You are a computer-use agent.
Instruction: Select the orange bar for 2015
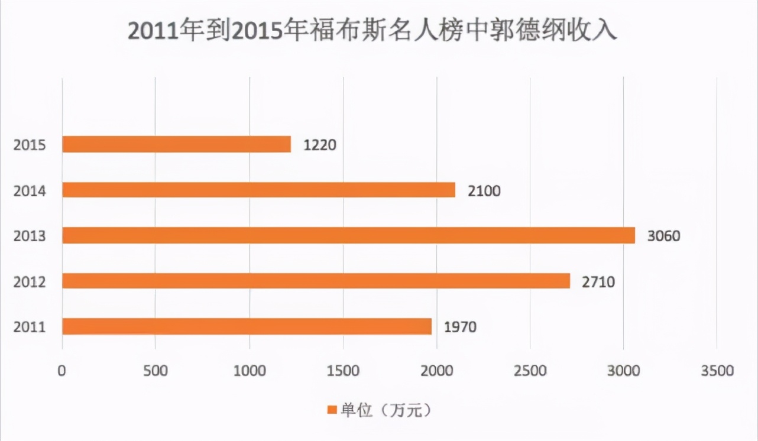(177, 144)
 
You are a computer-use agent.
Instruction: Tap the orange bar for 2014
(259, 190)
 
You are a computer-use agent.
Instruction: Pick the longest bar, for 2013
(349, 235)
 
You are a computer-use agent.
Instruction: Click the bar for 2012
(316, 281)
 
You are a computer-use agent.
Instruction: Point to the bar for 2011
(247, 326)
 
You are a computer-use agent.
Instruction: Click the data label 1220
(320, 145)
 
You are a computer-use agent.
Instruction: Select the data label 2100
(484, 190)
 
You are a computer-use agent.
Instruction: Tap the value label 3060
(664, 236)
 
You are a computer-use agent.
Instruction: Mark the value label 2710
(598, 281)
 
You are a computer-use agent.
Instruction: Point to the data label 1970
(460, 327)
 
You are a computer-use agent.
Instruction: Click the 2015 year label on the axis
(30, 145)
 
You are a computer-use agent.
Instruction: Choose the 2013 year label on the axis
(30, 236)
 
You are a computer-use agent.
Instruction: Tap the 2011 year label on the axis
(30, 327)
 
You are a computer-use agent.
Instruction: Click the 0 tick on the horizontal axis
(62, 371)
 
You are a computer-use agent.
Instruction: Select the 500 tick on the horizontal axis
(155, 371)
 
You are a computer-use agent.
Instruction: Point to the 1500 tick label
(343, 371)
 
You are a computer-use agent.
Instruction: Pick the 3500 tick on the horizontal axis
(717, 371)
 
